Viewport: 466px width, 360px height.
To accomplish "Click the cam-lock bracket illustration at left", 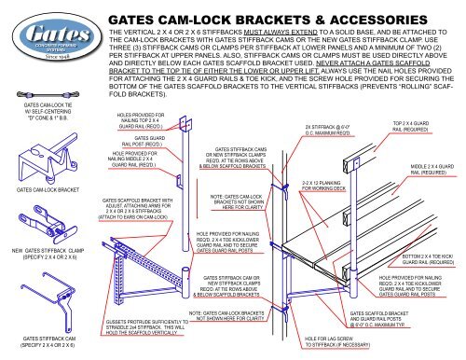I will point(35,188).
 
